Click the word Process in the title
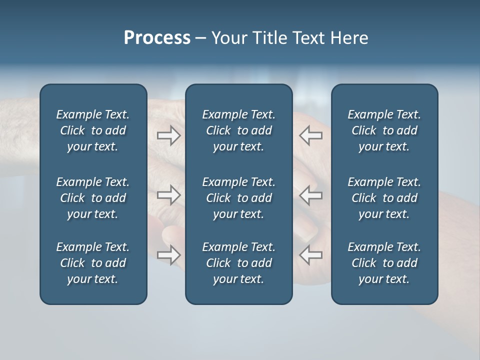(x=157, y=38)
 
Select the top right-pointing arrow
(x=169, y=135)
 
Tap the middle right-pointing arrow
(x=169, y=195)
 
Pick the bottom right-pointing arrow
(x=169, y=255)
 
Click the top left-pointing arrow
(x=310, y=135)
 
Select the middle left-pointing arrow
(x=310, y=195)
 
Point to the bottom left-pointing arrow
(x=310, y=255)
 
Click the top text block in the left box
(x=93, y=130)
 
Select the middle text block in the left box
(x=93, y=198)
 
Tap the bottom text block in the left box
(x=93, y=263)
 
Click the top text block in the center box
(x=238, y=130)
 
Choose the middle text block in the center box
(x=238, y=198)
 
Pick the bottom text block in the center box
(x=238, y=263)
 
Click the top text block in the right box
(x=384, y=130)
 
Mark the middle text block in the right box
(x=384, y=198)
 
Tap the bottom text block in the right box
(x=384, y=263)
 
